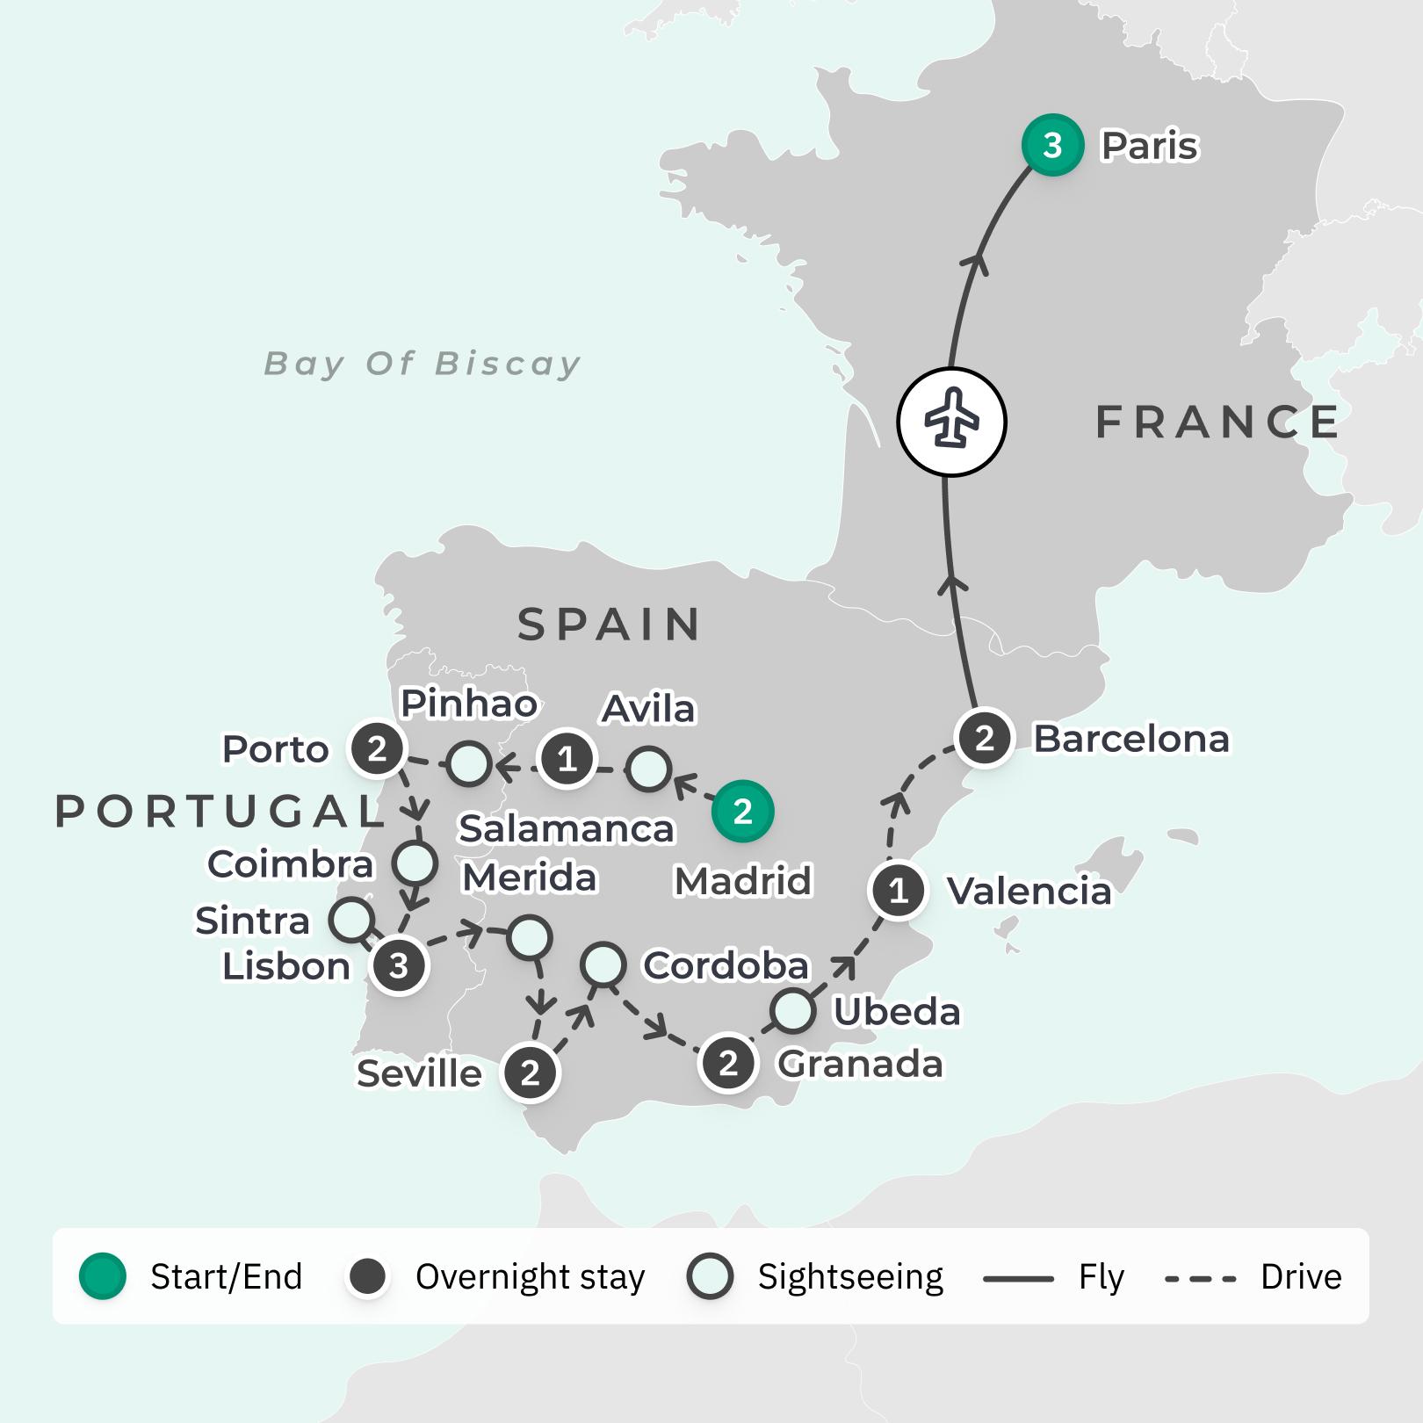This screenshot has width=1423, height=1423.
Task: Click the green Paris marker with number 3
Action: (1052, 145)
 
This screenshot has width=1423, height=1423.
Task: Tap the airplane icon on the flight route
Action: (951, 423)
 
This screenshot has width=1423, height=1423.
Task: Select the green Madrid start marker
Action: (742, 811)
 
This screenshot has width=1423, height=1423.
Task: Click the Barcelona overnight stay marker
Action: (985, 739)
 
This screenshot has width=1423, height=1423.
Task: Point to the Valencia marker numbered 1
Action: (898, 892)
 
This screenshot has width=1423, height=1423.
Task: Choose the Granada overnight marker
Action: (728, 1064)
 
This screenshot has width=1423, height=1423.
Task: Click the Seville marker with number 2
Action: (530, 1073)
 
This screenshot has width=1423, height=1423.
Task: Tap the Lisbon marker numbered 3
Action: (399, 965)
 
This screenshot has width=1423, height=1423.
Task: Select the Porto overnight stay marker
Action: (377, 749)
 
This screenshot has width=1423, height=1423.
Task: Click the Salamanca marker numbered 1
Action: (567, 758)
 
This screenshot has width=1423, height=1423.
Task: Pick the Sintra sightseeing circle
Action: (351, 920)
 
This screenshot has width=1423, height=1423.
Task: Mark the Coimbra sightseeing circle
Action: (415, 863)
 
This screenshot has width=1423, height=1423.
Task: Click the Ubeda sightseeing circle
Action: (792, 1010)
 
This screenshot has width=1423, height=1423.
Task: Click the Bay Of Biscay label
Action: (423, 364)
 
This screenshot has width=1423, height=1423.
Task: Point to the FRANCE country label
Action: (1217, 423)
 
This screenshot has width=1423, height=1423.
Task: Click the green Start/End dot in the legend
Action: (103, 1276)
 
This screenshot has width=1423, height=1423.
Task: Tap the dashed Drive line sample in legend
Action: (1200, 1278)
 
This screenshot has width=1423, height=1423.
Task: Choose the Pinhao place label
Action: (469, 704)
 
